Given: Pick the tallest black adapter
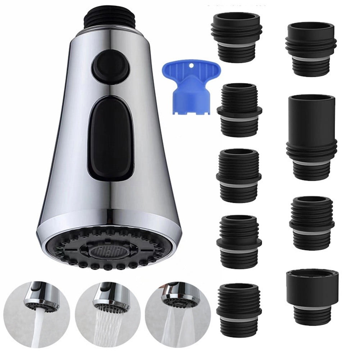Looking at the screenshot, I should pos(311,137).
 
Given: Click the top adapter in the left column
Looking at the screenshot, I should pos(237,36).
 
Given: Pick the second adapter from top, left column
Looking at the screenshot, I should pos(239,110).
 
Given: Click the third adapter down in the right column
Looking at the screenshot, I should pos(312,223).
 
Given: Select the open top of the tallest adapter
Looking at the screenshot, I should pos(311,99).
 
